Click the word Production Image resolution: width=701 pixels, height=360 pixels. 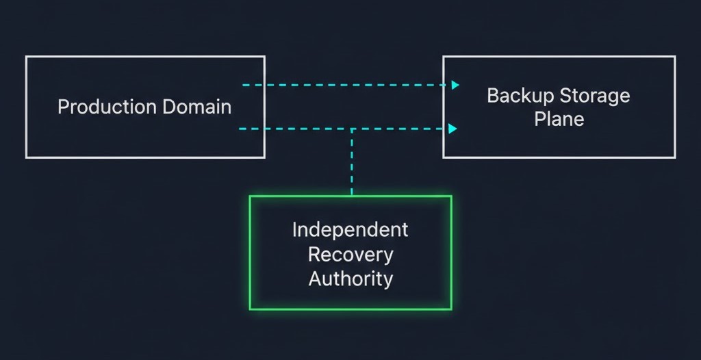click(x=107, y=107)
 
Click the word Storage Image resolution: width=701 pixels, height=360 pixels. click(x=594, y=95)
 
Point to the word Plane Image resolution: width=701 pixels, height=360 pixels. click(x=559, y=118)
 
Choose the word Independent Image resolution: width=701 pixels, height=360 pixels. click(x=350, y=229)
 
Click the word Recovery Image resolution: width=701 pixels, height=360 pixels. click(x=350, y=254)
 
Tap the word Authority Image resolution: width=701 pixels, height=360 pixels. click(x=350, y=279)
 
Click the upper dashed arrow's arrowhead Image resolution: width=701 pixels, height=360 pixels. click(x=455, y=85)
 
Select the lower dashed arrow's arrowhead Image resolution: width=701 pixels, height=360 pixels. click(x=452, y=129)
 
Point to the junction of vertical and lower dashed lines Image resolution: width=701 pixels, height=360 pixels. click(x=351, y=129)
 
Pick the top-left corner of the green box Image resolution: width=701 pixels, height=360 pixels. click(x=250, y=196)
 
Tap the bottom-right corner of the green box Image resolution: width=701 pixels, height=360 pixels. click(x=451, y=309)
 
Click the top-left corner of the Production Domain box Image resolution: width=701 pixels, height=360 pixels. click(x=26, y=57)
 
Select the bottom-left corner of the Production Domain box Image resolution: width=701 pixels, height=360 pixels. click(x=26, y=157)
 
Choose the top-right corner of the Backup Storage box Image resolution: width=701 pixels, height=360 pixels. click(x=675, y=57)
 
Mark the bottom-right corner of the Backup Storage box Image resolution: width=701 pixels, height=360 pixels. click(x=675, y=157)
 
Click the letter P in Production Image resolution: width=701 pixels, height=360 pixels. click(x=63, y=107)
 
